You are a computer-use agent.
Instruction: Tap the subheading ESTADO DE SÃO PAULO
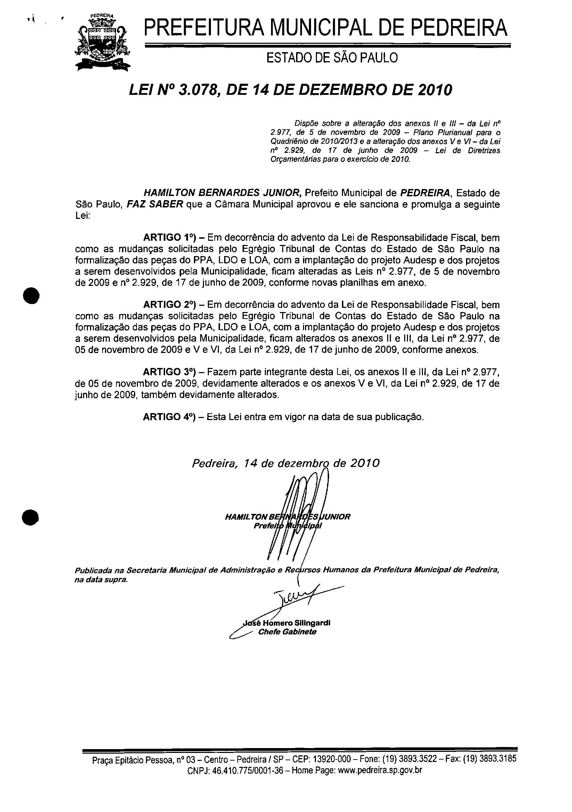pos(332,58)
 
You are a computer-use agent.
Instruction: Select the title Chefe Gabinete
pos(287,632)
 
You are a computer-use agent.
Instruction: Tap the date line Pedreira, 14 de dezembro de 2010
pos(286,463)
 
